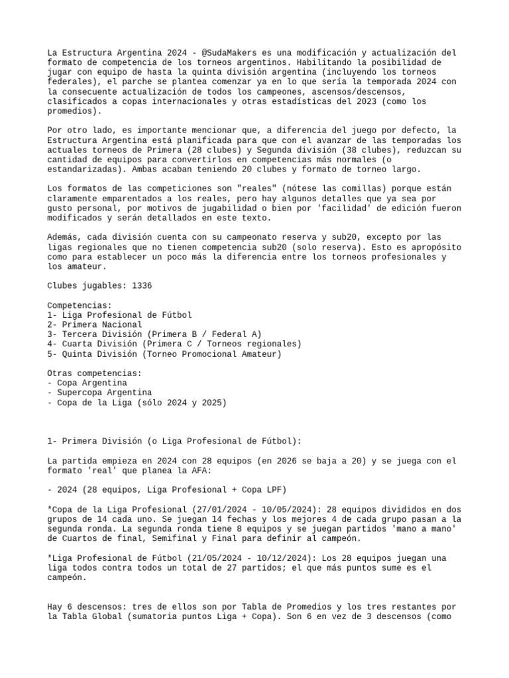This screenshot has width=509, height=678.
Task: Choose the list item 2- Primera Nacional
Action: [x=95, y=325]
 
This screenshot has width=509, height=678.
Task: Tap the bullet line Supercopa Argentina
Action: [x=99, y=393]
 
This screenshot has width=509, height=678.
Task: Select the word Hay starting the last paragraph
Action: [x=54, y=606]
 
